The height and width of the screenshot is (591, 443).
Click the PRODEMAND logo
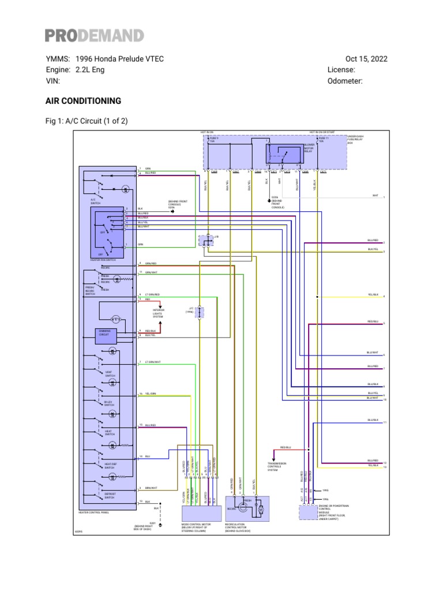[95, 36]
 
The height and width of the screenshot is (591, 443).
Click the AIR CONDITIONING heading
[83, 101]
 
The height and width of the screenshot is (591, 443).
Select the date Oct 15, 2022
[366, 59]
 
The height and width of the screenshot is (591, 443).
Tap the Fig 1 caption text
[87, 121]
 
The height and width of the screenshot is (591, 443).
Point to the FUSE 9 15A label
[214, 140]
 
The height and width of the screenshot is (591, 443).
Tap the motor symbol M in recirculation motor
[260, 510]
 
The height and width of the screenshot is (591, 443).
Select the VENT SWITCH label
[110, 373]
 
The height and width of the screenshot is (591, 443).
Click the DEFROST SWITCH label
[110, 495]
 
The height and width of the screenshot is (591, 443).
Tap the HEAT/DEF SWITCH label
[110, 465]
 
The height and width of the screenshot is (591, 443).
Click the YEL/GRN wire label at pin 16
[151, 395]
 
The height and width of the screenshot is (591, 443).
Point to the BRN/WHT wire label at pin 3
[151, 488]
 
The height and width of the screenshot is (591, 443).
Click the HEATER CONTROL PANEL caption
[93, 512]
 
